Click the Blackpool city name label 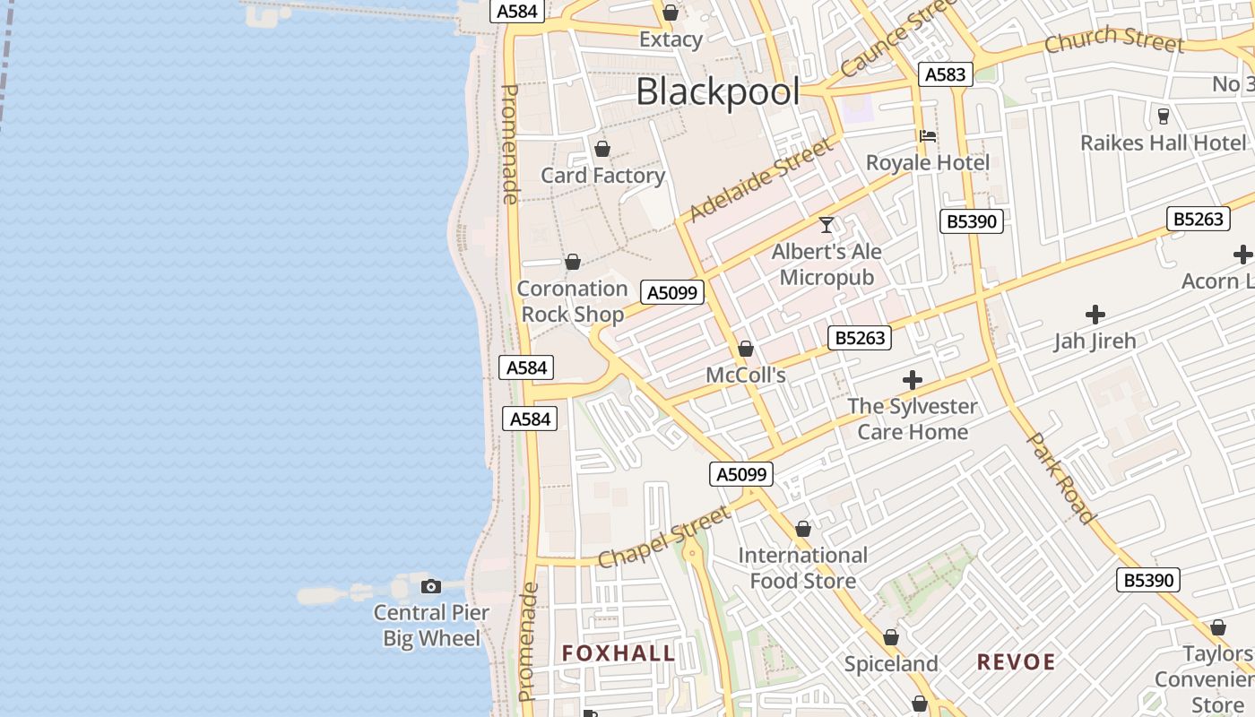[x=717, y=91]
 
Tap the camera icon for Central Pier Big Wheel [x=431, y=586]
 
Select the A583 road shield [x=945, y=74]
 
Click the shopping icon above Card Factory [x=602, y=149]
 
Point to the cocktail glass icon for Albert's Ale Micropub [x=827, y=225]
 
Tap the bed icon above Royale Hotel [x=928, y=136]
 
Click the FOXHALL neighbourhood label [x=619, y=653]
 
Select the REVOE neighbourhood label [x=1016, y=662]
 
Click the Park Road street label [x=1060, y=478]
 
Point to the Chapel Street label [x=664, y=538]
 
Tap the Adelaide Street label [x=760, y=180]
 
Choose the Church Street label [x=1114, y=39]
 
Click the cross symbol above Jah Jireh [x=1095, y=315]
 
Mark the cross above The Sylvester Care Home [x=913, y=380]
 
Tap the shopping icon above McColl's [x=746, y=349]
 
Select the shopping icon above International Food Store [x=803, y=530]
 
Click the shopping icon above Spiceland [x=891, y=637]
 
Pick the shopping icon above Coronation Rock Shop [x=573, y=262]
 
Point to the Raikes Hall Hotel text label [x=1163, y=143]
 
